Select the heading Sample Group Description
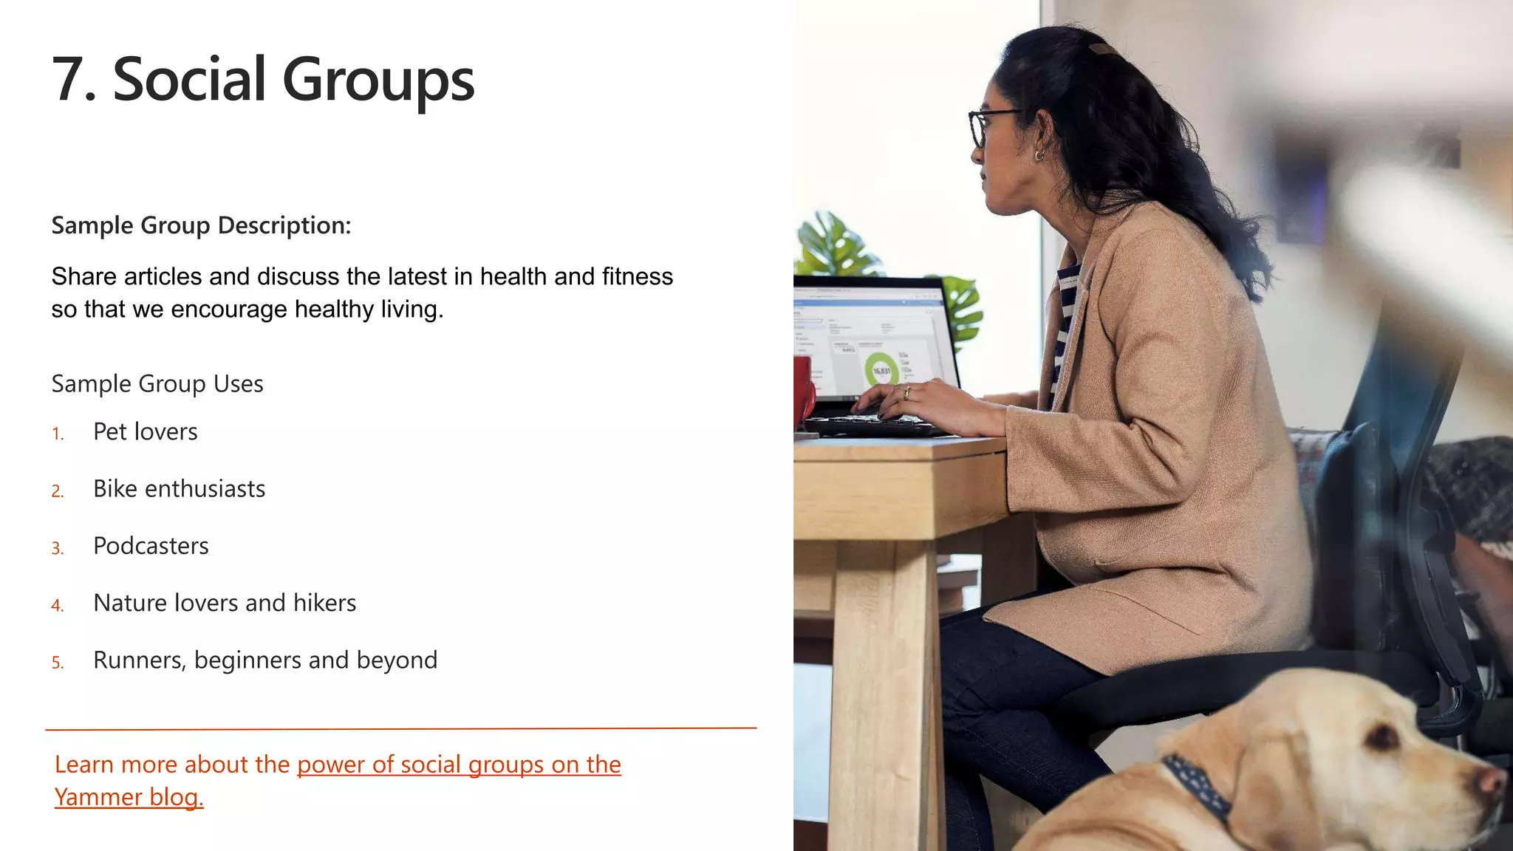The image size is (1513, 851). point(201,225)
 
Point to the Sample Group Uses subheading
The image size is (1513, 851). point(157,384)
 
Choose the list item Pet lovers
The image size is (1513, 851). point(146,431)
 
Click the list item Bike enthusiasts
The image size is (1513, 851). point(179,489)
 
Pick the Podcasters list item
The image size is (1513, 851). point(151,546)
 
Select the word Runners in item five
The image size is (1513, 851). point(138,660)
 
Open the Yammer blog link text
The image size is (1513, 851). point(129,797)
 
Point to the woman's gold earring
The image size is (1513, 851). point(1039,155)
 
